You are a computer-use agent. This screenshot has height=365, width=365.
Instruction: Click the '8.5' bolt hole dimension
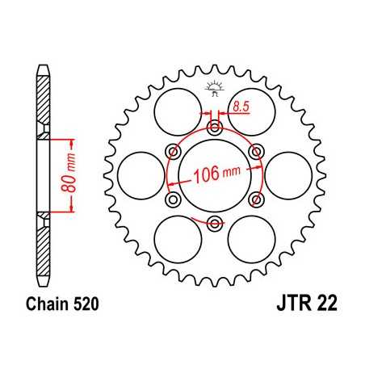(241, 104)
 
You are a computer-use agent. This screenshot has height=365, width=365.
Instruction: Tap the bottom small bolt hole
(214, 222)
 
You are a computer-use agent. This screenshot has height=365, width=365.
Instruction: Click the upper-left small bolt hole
(172, 150)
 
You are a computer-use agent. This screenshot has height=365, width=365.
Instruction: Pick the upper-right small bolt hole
(256, 150)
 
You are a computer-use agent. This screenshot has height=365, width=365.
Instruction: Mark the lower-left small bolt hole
(172, 199)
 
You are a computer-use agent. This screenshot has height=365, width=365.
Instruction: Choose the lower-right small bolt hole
(256, 199)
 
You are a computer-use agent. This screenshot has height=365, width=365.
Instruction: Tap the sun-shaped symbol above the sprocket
(214, 86)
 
